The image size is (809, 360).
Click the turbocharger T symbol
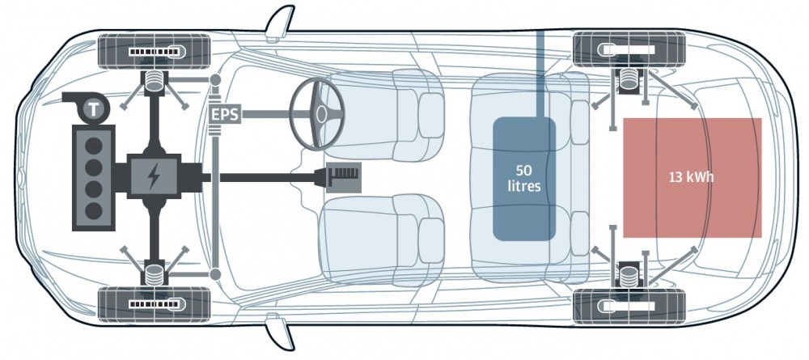coord(93,109)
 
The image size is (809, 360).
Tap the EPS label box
coord(226,114)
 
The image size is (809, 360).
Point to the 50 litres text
coord(523,178)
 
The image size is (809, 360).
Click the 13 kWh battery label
coord(692,177)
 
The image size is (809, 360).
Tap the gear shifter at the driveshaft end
coord(342,178)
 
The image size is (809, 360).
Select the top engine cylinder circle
coord(93,146)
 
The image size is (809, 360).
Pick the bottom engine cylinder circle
coord(93,210)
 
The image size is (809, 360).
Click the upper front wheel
coord(154,51)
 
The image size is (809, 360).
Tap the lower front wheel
coord(154,304)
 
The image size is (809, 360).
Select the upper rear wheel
coord(629,49)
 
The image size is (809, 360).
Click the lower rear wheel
coord(629,307)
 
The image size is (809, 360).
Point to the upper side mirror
coord(280,22)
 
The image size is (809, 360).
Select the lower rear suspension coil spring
coord(628,275)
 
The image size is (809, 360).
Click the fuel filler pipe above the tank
coord(540,74)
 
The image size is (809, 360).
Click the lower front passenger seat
coord(382,239)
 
